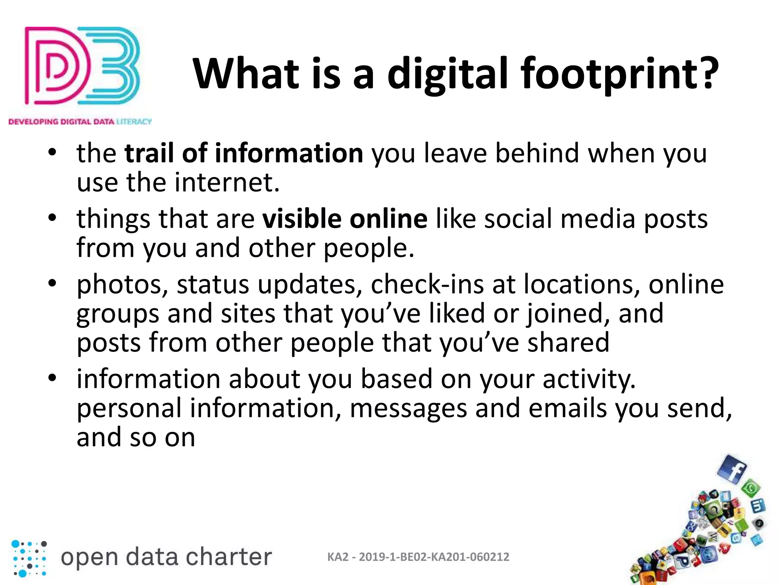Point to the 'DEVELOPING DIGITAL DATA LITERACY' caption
click(x=80, y=122)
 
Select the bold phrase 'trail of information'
click(x=244, y=153)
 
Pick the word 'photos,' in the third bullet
click(x=122, y=285)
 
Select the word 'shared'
click(x=568, y=342)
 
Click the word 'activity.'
click(x=589, y=379)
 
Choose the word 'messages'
click(x=408, y=408)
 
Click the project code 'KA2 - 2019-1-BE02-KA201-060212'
click(x=418, y=557)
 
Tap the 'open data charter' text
click(x=166, y=557)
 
